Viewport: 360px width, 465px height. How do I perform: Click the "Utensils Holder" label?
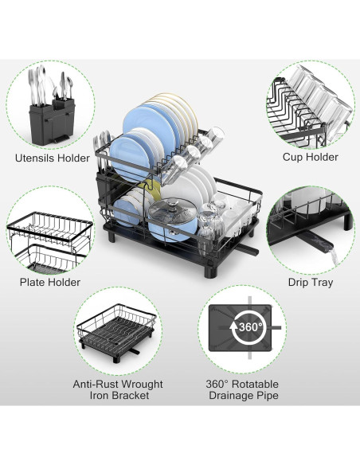click(x=52, y=158)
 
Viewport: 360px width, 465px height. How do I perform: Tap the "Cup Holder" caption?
click(x=310, y=158)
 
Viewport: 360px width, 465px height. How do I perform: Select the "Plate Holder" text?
click(x=49, y=282)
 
